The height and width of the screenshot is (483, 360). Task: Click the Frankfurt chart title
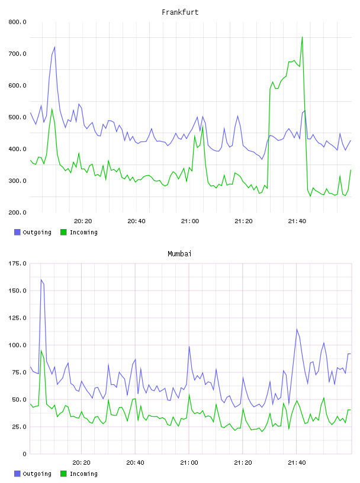coord(180,12)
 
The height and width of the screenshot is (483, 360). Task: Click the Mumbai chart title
coord(179,254)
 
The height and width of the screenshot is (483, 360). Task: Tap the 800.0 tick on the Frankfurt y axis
coord(17,22)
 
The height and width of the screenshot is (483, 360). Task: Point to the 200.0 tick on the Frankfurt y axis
coord(17,212)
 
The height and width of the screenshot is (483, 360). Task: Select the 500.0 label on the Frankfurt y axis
coord(17,117)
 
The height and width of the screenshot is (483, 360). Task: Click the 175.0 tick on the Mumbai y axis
coord(17,263)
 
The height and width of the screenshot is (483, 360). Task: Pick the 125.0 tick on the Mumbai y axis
coord(17,318)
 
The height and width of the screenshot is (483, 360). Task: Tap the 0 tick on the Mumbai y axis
coord(24,454)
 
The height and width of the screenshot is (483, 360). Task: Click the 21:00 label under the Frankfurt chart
coord(190,221)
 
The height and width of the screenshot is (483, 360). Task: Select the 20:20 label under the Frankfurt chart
coord(83,221)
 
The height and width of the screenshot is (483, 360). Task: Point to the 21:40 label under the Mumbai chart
coord(297,463)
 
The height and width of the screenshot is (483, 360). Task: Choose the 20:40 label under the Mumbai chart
coord(136,463)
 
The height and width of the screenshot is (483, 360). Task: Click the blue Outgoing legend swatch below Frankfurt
coord(17,232)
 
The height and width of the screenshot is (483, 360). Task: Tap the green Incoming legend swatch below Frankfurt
coord(63,232)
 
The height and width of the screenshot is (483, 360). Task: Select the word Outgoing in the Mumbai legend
coord(37,474)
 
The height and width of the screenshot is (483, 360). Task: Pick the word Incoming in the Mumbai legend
coord(83,474)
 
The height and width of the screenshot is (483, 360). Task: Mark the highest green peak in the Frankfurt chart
coord(302,37)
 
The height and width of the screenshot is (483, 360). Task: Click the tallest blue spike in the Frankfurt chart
coord(54,47)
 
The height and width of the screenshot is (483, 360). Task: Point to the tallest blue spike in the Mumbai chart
coord(41,280)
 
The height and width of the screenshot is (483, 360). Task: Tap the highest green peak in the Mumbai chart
coord(41,350)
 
